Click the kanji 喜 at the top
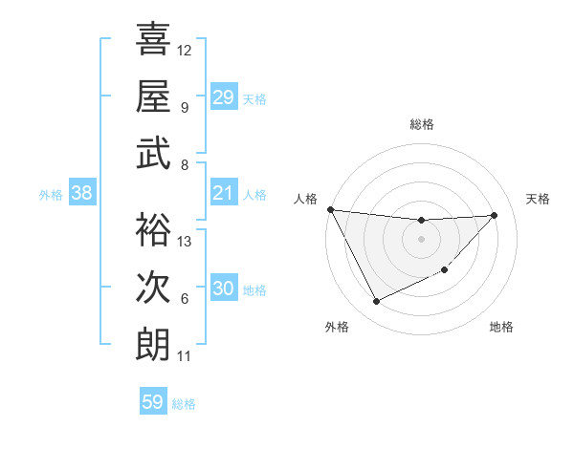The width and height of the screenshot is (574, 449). click(153, 39)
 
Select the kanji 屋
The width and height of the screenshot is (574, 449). click(153, 96)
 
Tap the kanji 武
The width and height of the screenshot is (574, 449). click(153, 154)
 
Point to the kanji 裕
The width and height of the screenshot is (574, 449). click(153, 229)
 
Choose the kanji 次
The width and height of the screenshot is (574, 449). click(153, 287)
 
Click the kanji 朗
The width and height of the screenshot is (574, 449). click(153, 344)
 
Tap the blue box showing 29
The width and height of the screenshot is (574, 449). click(223, 97)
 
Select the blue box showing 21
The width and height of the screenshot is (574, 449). click(223, 193)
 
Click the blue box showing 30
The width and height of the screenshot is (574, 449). click(223, 289)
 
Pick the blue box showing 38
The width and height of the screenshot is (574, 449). click(82, 193)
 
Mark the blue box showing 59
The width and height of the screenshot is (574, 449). click(153, 402)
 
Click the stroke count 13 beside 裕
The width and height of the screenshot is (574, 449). click(185, 242)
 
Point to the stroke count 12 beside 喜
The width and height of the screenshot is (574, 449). click(185, 50)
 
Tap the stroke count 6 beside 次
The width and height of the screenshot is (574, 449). click(184, 299)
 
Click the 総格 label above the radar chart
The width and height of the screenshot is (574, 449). click(421, 125)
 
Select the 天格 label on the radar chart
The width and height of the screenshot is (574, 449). click(538, 199)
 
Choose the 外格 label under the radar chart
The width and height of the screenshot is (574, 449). click(336, 327)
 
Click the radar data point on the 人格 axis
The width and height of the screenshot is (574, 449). click(330, 209)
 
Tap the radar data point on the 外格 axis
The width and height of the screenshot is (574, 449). click(376, 302)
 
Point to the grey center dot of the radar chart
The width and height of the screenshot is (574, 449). click(421, 239)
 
